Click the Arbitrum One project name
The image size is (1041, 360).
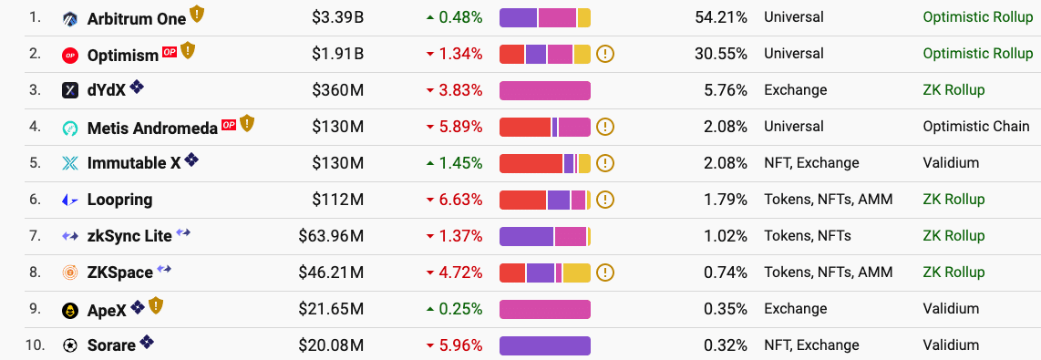tap(136, 18)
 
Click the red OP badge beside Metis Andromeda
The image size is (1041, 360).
tap(228, 124)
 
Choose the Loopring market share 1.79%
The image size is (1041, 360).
tap(725, 200)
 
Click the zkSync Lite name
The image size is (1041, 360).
tap(129, 236)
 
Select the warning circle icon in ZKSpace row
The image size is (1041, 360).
tap(605, 273)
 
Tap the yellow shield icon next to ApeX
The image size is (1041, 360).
tap(156, 306)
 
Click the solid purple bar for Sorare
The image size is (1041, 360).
tap(544, 345)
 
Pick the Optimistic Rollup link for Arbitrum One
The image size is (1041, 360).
tap(977, 17)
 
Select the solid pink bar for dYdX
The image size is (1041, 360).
tap(544, 90)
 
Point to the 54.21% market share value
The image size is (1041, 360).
tap(720, 17)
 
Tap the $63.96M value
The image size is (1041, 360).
tap(331, 236)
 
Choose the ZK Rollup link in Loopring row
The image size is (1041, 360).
tap(953, 200)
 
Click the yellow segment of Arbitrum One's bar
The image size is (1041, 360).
tap(583, 17)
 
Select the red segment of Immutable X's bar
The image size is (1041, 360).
tap(531, 163)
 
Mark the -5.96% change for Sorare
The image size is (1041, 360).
tap(454, 345)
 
